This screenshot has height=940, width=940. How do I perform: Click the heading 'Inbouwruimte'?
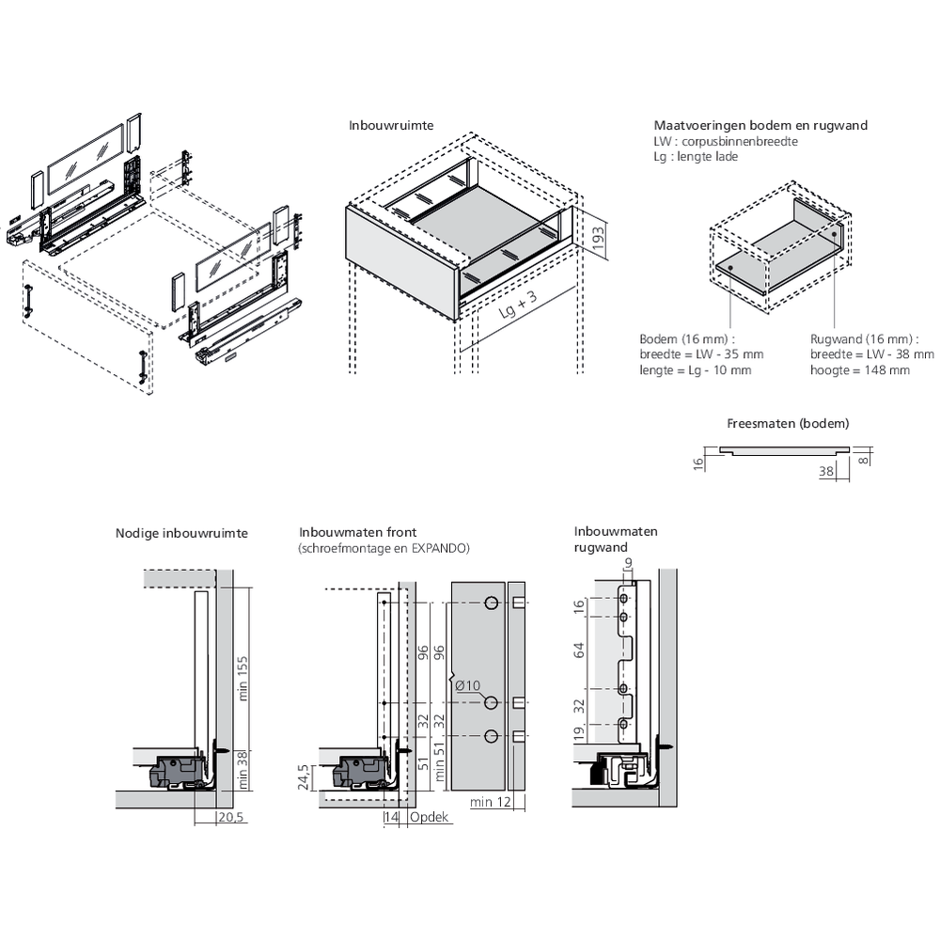click(391, 125)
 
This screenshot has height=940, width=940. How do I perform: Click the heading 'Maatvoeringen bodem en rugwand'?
click(760, 125)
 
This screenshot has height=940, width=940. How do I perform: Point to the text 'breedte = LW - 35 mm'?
click(701, 354)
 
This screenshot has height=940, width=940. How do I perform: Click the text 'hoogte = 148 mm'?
click(860, 370)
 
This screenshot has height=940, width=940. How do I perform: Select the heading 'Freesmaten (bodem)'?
click(788, 423)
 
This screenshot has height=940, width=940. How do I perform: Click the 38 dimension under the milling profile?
click(826, 472)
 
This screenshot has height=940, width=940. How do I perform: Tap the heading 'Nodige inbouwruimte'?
click(181, 533)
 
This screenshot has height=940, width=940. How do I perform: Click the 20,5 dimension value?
click(230, 818)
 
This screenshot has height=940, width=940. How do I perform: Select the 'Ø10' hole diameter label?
click(466, 685)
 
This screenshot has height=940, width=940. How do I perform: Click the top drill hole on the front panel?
click(489, 603)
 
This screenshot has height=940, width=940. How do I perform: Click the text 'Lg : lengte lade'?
click(696, 156)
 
